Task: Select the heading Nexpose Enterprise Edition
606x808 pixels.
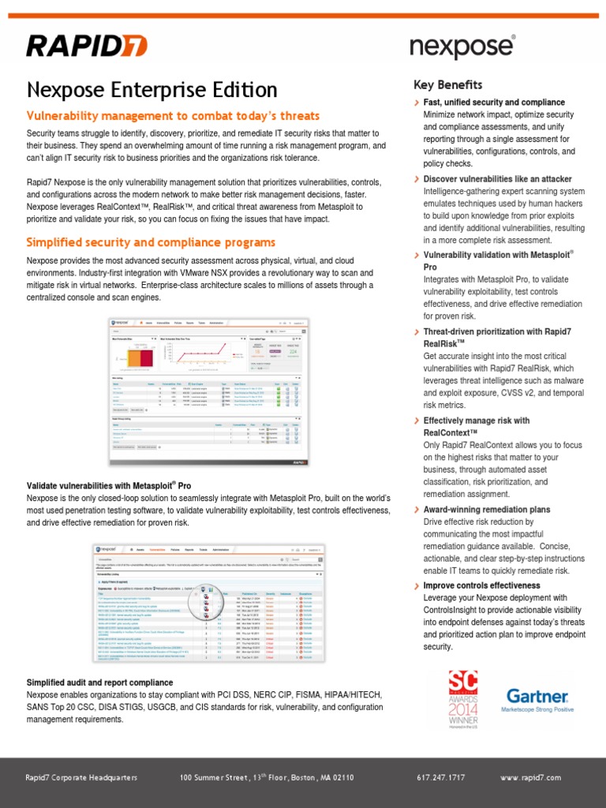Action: click(x=152, y=90)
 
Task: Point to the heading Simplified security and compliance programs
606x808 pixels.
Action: click(x=151, y=241)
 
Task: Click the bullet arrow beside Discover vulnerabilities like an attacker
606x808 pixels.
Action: click(x=417, y=179)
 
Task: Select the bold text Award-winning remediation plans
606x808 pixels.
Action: click(x=487, y=510)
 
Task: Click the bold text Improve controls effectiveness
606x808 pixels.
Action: click(x=481, y=585)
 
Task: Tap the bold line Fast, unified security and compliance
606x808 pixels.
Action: click(x=494, y=103)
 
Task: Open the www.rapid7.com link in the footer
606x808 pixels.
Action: click(x=530, y=777)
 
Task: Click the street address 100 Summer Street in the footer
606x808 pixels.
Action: click(x=267, y=777)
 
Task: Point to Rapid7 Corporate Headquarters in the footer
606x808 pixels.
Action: click(x=82, y=777)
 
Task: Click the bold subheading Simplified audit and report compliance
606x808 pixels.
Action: click(x=100, y=682)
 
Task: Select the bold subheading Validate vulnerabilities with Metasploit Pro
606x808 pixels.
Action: click(x=109, y=484)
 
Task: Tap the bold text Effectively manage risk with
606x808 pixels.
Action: click(x=477, y=421)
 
